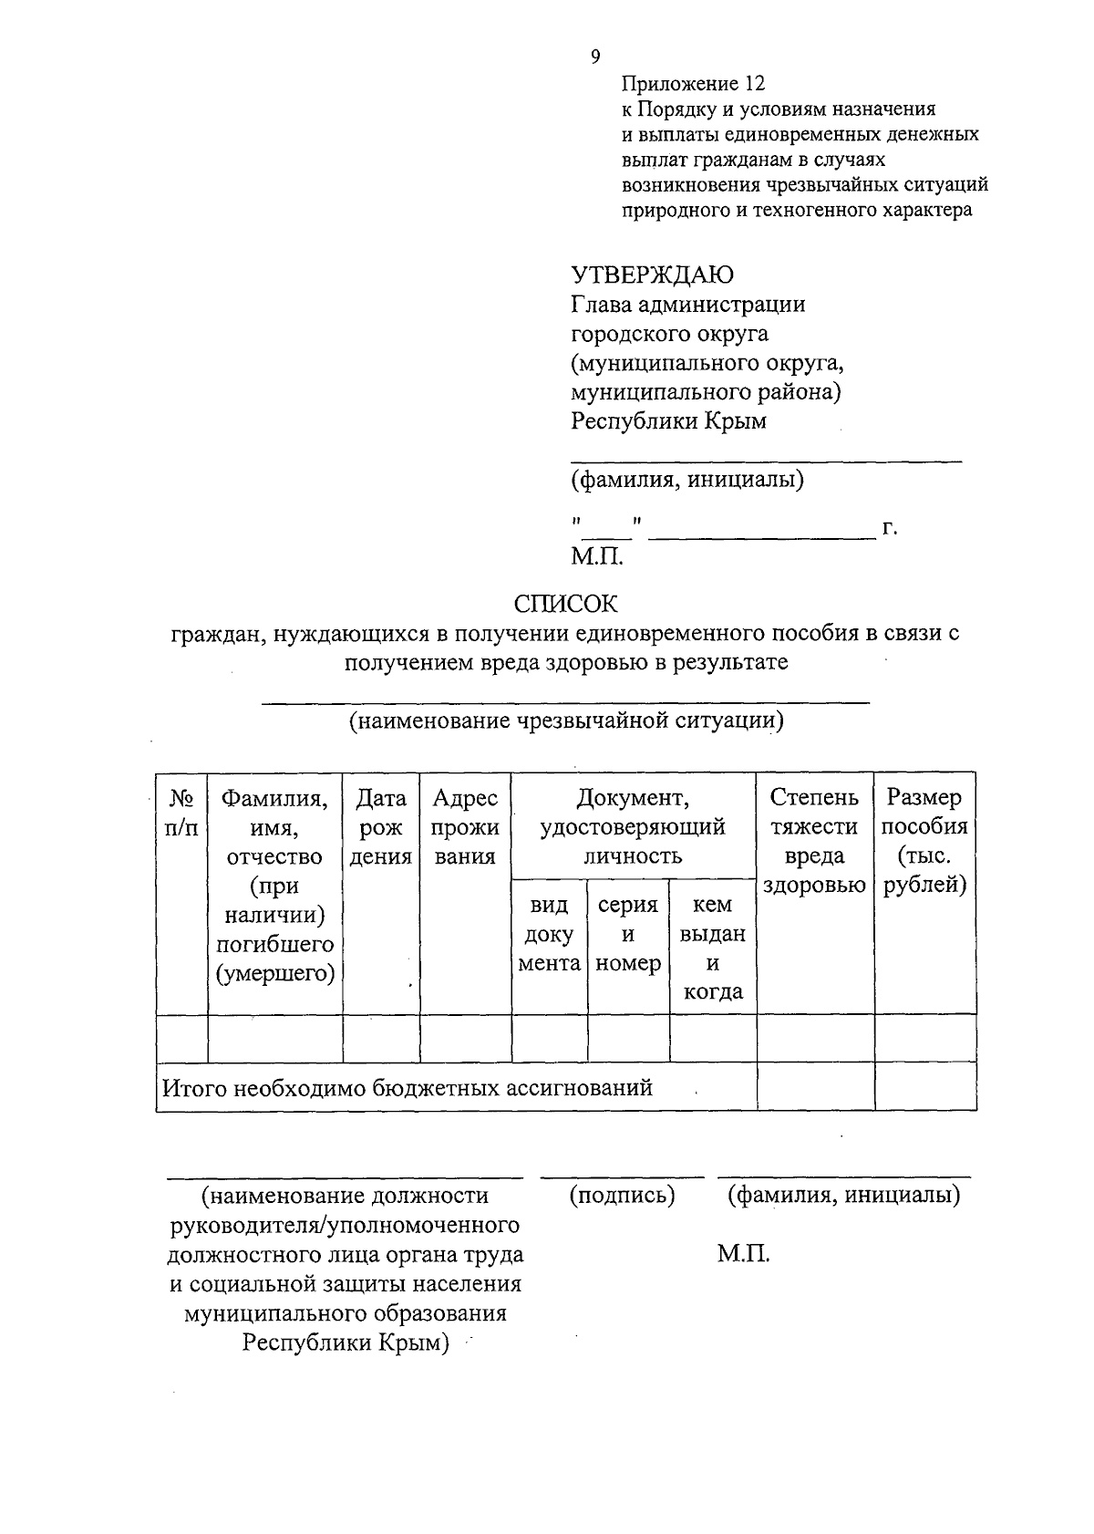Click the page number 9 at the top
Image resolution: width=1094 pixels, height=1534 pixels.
tap(595, 57)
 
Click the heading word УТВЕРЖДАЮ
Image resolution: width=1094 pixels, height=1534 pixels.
tap(652, 275)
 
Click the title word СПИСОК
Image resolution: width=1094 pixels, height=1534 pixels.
tap(565, 604)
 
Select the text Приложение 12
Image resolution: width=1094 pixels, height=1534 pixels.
tap(692, 84)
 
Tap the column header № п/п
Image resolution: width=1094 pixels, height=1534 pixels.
tap(182, 813)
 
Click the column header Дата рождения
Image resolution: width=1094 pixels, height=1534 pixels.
tap(381, 827)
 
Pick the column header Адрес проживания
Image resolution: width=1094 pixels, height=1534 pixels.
tap(465, 827)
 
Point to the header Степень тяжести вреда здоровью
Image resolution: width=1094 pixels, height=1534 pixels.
tap(814, 841)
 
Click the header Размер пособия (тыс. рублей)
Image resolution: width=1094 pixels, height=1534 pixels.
tap(924, 841)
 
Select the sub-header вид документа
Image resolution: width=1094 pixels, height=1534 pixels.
tap(549, 934)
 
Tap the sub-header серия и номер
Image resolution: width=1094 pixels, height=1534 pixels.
tap(628, 934)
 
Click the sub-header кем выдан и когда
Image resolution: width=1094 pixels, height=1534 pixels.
tap(713, 948)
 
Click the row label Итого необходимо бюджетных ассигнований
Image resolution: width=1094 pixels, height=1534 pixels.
tap(408, 1088)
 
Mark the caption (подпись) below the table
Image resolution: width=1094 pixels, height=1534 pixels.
tap(622, 1196)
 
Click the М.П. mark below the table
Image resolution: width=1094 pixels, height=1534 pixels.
tap(743, 1255)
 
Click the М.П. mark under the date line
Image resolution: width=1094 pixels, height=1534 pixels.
tap(597, 556)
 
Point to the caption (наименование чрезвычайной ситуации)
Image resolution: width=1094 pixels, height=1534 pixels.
tap(565, 721)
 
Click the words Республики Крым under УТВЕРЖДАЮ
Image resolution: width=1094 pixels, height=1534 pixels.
tap(668, 421)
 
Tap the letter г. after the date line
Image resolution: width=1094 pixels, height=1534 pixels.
tap(891, 527)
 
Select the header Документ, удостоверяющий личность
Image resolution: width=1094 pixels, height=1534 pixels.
tap(633, 827)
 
